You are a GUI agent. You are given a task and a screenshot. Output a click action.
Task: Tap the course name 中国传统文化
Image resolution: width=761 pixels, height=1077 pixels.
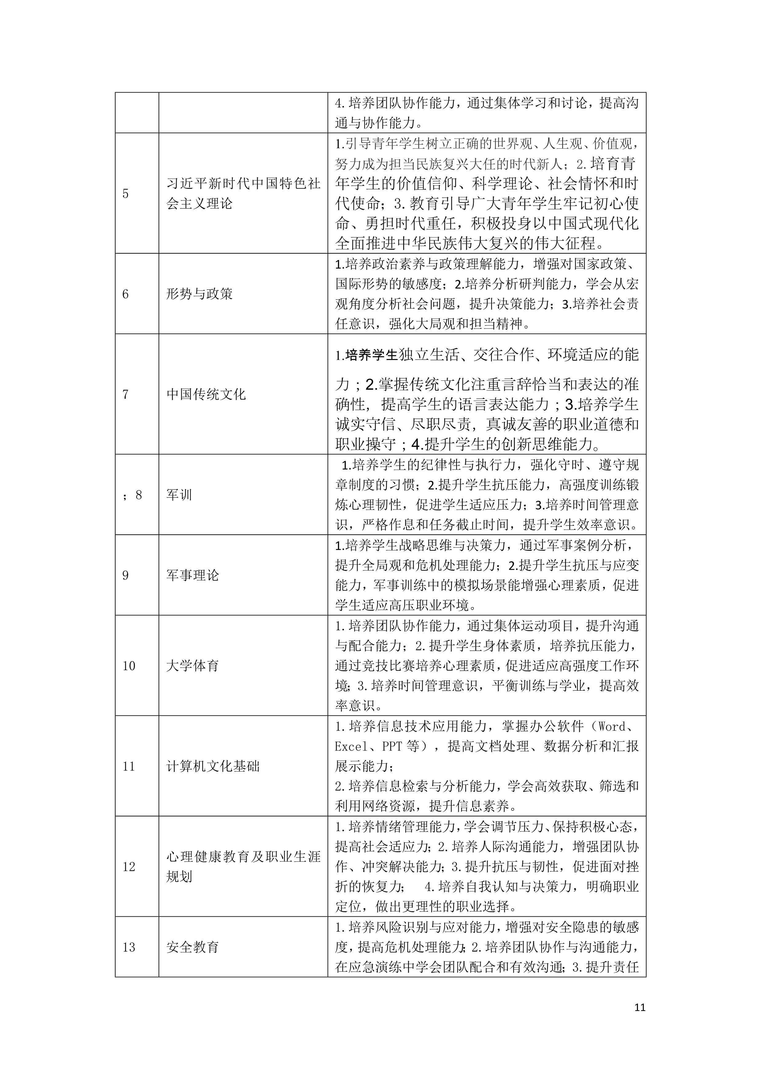coord(206,394)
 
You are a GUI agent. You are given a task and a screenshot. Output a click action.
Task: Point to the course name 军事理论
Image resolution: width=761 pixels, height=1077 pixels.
coord(193,575)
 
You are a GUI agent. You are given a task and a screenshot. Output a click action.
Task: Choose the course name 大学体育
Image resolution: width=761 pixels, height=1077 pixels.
coord(193,665)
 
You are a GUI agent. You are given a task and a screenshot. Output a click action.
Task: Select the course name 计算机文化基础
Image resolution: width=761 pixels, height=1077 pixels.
coord(213,767)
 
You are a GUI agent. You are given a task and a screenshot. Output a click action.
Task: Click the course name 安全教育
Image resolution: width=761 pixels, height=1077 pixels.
coord(193,947)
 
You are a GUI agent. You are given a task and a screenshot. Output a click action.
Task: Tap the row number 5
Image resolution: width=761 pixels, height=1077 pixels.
coord(125,194)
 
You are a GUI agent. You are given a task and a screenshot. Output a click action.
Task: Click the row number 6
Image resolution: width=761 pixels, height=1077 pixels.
coord(125,294)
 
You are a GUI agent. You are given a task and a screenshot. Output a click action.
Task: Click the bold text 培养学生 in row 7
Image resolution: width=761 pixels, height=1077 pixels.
coord(372,355)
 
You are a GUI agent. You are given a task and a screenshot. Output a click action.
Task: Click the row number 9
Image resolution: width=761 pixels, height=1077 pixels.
coord(125,575)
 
